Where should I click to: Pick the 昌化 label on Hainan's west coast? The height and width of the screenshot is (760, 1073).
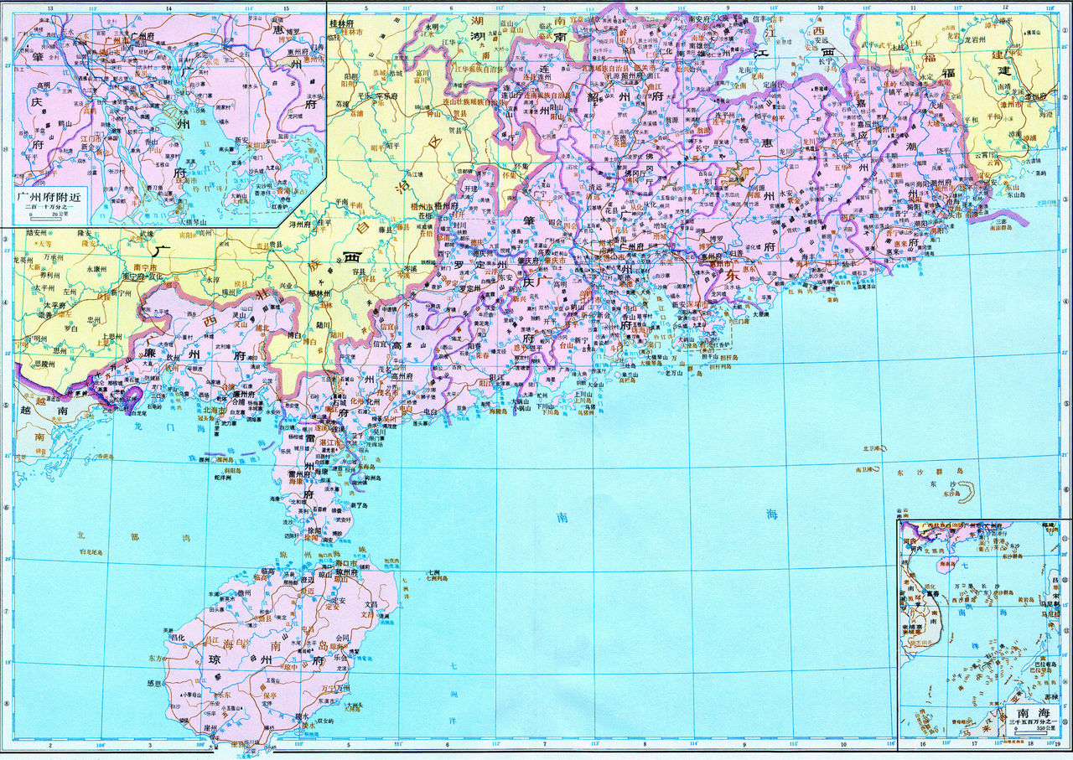pyautogui.click(x=177, y=637)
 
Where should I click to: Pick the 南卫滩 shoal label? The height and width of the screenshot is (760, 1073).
pyautogui.click(x=864, y=471)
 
